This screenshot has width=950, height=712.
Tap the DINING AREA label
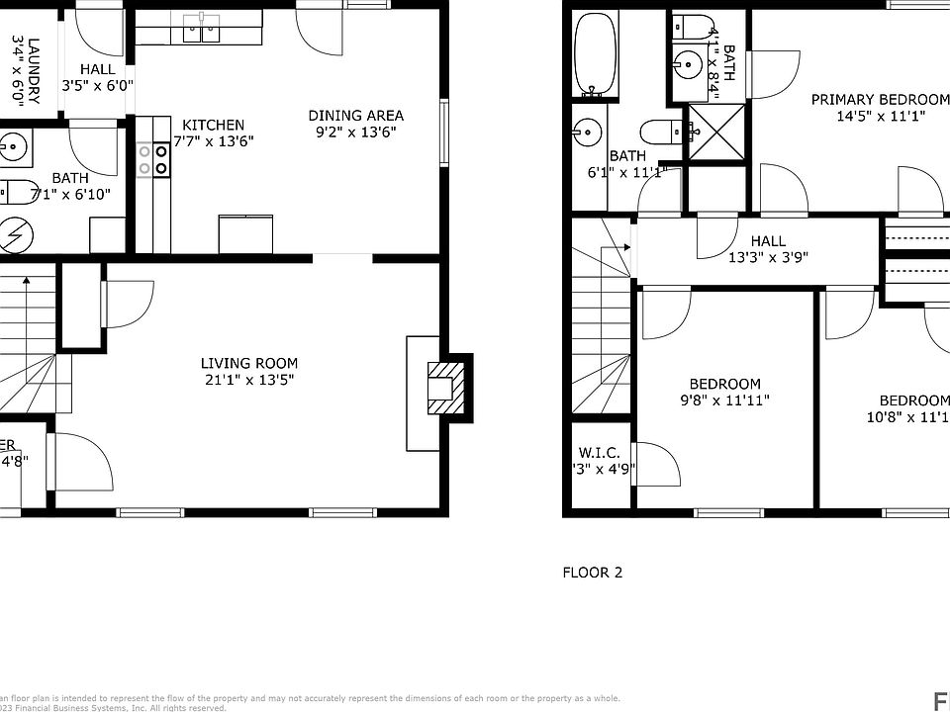pos(355,115)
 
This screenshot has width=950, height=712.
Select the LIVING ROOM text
pos(248,363)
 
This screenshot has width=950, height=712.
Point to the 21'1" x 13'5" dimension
pos(248,379)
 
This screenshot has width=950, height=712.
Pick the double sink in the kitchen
pos(203,32)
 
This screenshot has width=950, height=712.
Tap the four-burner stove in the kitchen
pos(152,160)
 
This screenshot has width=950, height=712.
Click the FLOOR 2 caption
pos(592,572)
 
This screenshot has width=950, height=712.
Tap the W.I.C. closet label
pos(599,453)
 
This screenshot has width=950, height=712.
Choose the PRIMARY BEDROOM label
pos(879,99)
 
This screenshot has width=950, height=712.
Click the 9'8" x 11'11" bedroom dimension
pos(724,400)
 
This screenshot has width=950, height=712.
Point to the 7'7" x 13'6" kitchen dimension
pos(214,140)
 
